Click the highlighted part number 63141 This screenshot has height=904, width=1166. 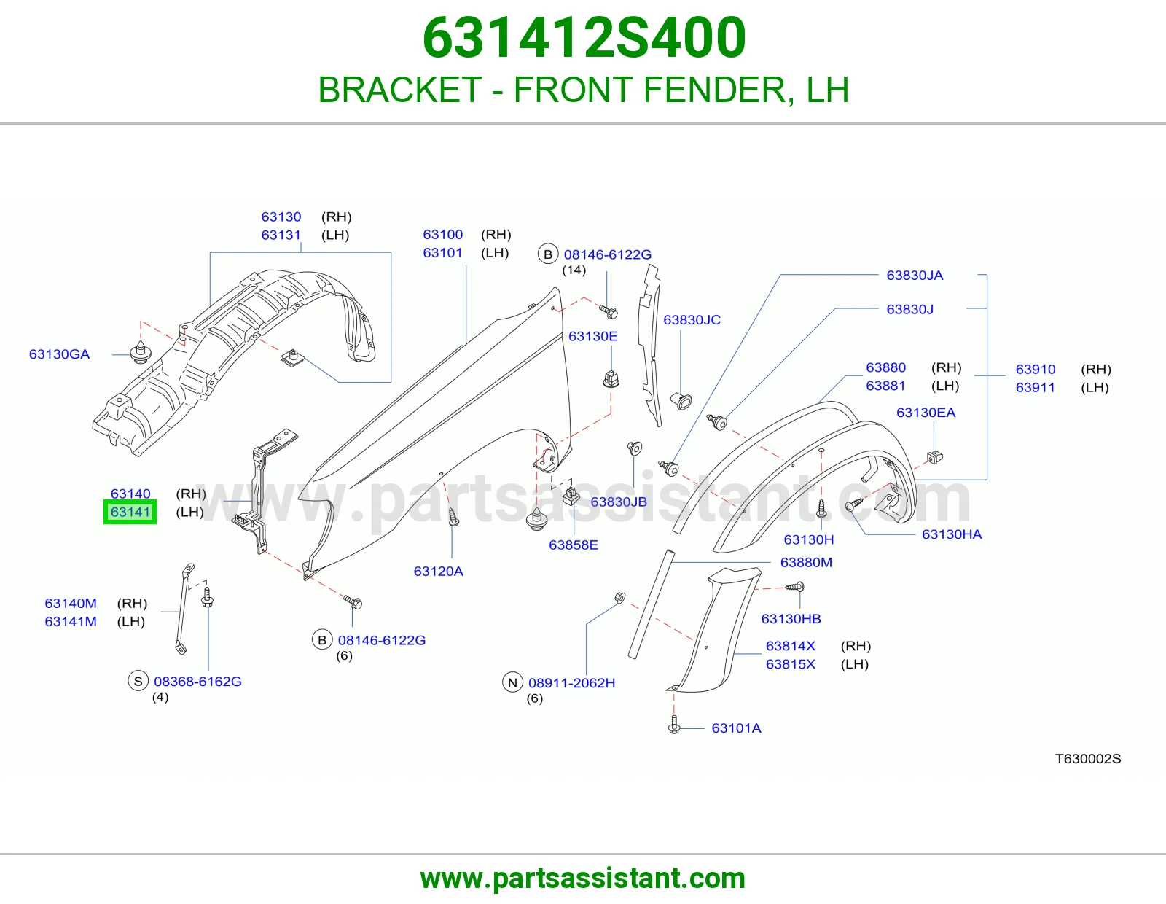point(130,512)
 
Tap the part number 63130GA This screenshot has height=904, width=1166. point(59,354)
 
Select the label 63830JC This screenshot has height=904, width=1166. point(692,320)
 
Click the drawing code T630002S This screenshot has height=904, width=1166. point(1087,758)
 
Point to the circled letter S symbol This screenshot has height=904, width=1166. point(138,681)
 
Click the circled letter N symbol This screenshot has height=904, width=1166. point(512,683)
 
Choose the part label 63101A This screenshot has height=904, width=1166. point(736,728)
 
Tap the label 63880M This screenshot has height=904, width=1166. point(806,563)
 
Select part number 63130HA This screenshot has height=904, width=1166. point(952,534)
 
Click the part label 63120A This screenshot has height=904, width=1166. point(439,572)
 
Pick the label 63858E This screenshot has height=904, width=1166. point(573,545)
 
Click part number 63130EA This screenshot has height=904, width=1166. point(926,413)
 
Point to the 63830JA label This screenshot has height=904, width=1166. point(915,276)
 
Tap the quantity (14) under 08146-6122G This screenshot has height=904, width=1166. point(574,270)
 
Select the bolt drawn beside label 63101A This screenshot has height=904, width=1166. point(675,725)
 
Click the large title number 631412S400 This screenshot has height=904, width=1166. point(584,38)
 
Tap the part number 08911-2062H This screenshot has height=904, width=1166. point(571,683)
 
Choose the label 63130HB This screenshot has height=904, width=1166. point(791,619)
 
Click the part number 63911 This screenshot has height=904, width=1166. point(1035,388)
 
